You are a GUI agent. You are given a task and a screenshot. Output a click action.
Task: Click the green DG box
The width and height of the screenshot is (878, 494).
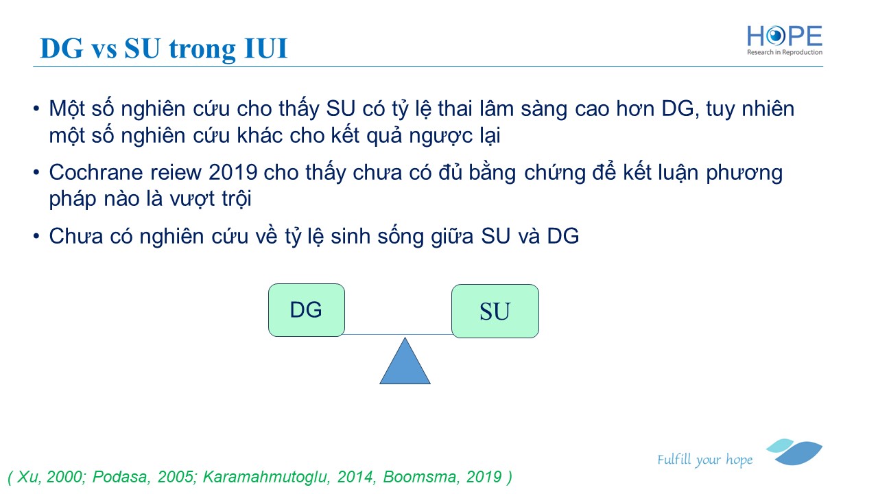coord(307,310)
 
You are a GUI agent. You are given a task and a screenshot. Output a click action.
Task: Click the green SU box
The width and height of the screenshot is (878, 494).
coord(495,311)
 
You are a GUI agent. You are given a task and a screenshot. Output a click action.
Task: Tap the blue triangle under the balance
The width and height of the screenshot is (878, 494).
coord(405,361)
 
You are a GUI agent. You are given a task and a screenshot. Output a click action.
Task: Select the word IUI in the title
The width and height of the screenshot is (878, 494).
coord(265,49)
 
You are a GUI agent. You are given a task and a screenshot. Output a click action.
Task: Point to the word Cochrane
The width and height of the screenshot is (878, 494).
coord(96,172)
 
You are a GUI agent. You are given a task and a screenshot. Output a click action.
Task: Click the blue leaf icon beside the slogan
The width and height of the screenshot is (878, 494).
coord(794,452)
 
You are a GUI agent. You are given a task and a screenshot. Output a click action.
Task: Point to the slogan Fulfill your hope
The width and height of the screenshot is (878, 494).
coord(704,460)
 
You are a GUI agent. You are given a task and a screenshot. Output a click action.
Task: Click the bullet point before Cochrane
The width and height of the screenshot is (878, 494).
coord(36,172)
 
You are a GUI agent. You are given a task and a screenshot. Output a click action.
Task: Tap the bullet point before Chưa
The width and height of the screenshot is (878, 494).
coord(36,236)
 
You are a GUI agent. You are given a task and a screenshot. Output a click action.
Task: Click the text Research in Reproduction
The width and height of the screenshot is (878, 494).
coord(784,52)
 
